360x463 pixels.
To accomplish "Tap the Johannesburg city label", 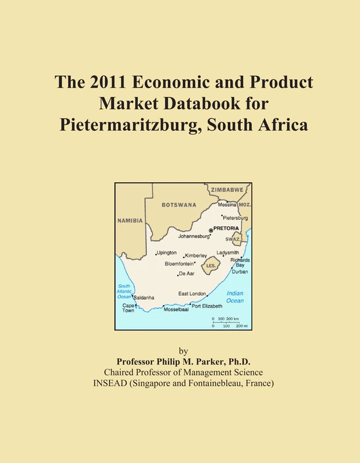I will pyautogui.click(x=193, y=236).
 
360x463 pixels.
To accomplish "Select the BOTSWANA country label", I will pyautogui.click(x=179, y=205).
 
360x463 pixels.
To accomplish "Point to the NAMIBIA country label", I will pyautogui.click(x=130, y=221).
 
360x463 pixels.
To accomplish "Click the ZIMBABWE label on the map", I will pyautogui.click(x=227, y=189).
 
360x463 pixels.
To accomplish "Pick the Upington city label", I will pyautogui.click(x=167, y=253).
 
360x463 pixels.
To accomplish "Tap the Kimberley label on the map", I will pyautogui.click(x=196, y=255).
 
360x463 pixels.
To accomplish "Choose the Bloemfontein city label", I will pyautogui.click(x=179, y=263).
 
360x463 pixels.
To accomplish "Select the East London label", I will pyautogui.click(x=192, y=293).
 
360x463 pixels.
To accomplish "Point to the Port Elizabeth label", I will pyautogui.click(x=207, y=306).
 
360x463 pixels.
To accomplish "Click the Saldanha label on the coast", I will pyautogui.click(x=144, y=297).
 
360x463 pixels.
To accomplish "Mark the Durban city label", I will pyautogui.click(x=240, y=271).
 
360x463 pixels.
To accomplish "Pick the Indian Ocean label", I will pyautogui.click(x=235, y=297).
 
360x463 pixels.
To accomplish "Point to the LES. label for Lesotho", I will pyautogui.click(x=212, y=266).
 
